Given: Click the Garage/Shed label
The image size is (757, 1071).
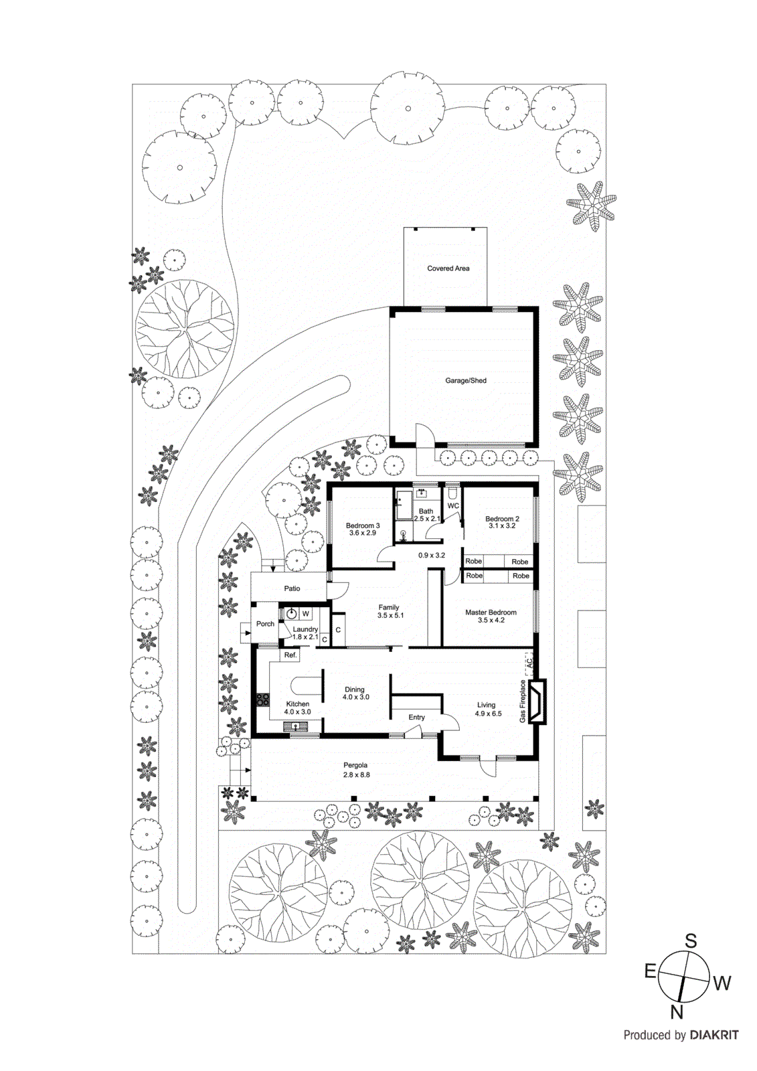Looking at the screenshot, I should click(466, 381).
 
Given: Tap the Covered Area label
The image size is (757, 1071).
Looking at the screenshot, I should click(448, 268).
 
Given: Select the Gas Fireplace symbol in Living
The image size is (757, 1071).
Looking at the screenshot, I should click(537, 702).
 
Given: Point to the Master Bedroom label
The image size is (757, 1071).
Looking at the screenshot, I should click(491, 612).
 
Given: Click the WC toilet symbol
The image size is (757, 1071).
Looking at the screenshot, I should click(453, 494).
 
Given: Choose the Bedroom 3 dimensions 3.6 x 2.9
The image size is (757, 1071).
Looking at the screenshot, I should click(362, 533).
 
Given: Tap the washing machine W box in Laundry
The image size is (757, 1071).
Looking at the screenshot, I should click(306, 613).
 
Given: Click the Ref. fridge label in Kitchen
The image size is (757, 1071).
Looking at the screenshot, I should click(290, 655).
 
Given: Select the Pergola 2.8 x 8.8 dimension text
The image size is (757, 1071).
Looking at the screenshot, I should click(355, 774).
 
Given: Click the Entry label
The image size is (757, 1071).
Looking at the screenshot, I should click(416, 717).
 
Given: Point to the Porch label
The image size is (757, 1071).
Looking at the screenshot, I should click(265, 624).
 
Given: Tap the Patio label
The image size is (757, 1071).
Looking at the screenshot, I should click(292, 588).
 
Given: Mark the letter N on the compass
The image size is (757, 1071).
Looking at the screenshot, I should click(677, 1012).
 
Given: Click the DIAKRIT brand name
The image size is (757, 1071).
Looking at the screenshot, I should click(713, 1035).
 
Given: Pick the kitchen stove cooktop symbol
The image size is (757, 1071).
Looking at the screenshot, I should click(262, 700).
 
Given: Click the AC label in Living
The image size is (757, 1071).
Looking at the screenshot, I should click(529, 663).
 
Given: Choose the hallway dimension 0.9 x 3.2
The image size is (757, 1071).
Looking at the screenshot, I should click(431, 555).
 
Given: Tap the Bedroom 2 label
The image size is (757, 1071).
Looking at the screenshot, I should click(502, 519).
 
